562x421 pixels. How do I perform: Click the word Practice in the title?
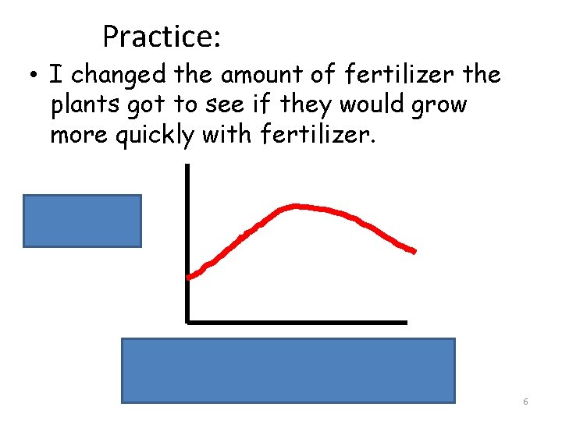click(x=162, y=36)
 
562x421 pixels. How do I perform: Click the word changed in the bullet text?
click(x=117, y=76)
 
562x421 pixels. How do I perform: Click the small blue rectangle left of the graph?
click(x=82, y=221)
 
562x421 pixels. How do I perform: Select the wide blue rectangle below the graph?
click(x=288, y=370)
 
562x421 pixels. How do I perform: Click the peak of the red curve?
click(x=294, y=206)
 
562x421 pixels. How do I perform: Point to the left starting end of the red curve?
click(x=190, y=276)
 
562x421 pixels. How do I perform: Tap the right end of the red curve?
click(x=413, y=251)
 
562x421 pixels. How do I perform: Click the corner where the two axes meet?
click(x=188, y=320)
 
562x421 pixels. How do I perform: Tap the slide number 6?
click(x=525, y=402)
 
